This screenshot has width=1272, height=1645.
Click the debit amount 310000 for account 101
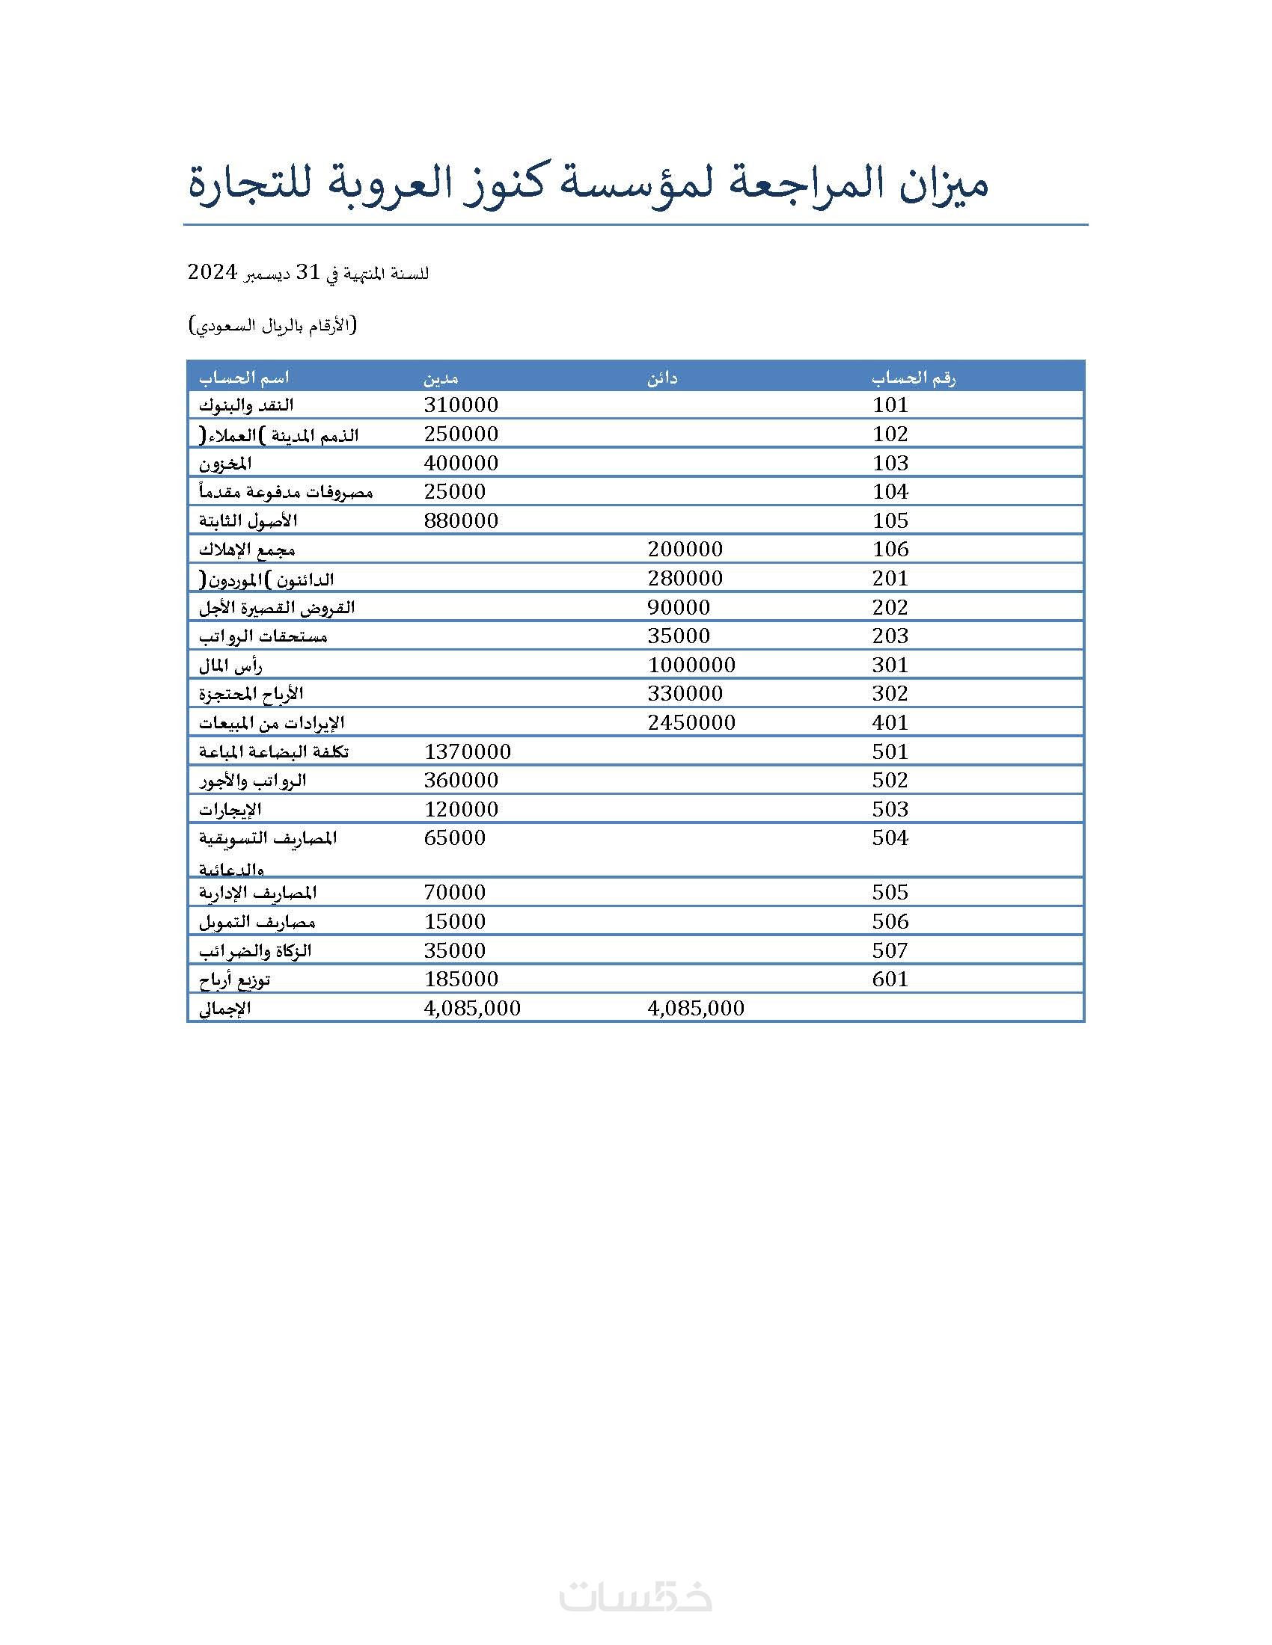pos(460,405)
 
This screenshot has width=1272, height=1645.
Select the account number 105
pos(890,520)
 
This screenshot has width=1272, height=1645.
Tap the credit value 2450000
pos(691,723)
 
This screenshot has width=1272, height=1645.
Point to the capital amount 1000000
pos(691,665)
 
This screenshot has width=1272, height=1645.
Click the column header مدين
pos(441,378)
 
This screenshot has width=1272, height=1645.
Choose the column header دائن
pos(662,378)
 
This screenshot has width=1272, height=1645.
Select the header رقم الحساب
pos(914,378)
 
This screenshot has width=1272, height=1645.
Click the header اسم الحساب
pos(244,378)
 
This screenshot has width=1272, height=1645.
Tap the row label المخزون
pos(225,464)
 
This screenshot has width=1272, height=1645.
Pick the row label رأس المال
pos(230,665)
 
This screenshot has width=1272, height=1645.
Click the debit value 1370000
pos(467,751)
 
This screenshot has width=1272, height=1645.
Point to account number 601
pos(890,980)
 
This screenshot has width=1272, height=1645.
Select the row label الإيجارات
pos(230,810)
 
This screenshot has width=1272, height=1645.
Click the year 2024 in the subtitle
pos(212,272)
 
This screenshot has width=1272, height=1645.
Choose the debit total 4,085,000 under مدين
pos(471,1009)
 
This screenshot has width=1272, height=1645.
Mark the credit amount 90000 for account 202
pos(678,607)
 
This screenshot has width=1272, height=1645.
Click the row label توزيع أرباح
pos(234,980)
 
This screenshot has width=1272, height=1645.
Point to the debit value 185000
pos(460,980)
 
